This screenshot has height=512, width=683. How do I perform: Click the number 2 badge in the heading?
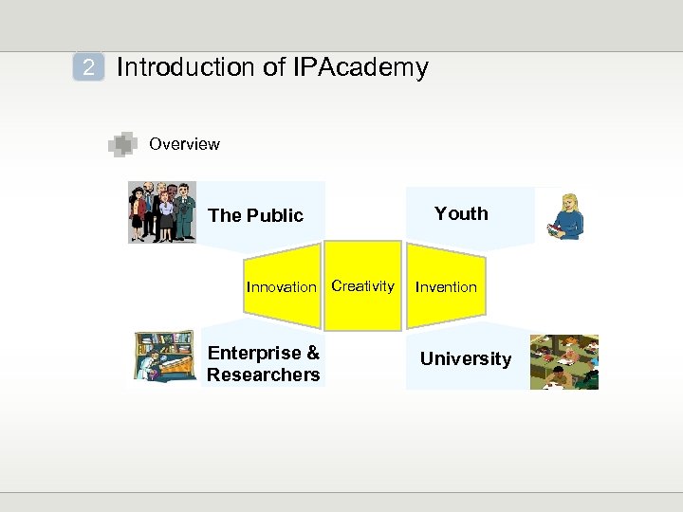(88, 68)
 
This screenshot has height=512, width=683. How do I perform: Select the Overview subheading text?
(184, 144)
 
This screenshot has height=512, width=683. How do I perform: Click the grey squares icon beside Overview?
(122, 144)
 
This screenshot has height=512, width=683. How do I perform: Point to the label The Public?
(255, 215)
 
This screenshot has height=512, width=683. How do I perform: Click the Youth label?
(461, 213)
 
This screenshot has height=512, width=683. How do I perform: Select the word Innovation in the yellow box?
(281, 287)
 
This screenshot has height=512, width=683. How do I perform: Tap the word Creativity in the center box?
(362, 285)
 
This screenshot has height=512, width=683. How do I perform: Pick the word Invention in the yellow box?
(446, 286)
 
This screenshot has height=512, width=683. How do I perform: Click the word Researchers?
(263, 375)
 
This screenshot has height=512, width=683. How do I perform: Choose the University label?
(465, 358)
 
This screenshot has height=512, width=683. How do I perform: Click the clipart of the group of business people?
(162, 212)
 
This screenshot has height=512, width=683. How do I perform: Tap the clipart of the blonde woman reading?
(566, 216)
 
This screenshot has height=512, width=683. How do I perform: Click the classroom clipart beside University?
(563, 361)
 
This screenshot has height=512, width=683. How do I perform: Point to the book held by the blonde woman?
(554, 229)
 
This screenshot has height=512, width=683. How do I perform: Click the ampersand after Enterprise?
(312, 353)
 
